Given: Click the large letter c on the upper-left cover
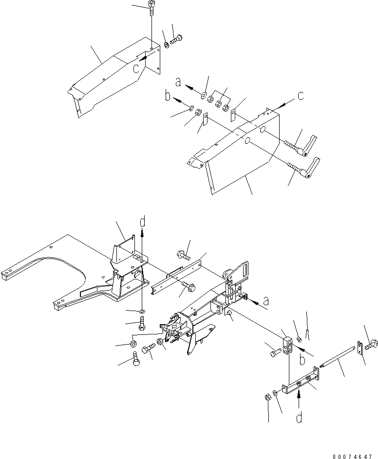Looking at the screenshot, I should [x=137, y=68].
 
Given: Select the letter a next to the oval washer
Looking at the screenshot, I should [x=179, y=83].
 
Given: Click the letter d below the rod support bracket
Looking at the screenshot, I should [x=298, y=417].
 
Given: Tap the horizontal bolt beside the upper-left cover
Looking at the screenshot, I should [x=176, y=39].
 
